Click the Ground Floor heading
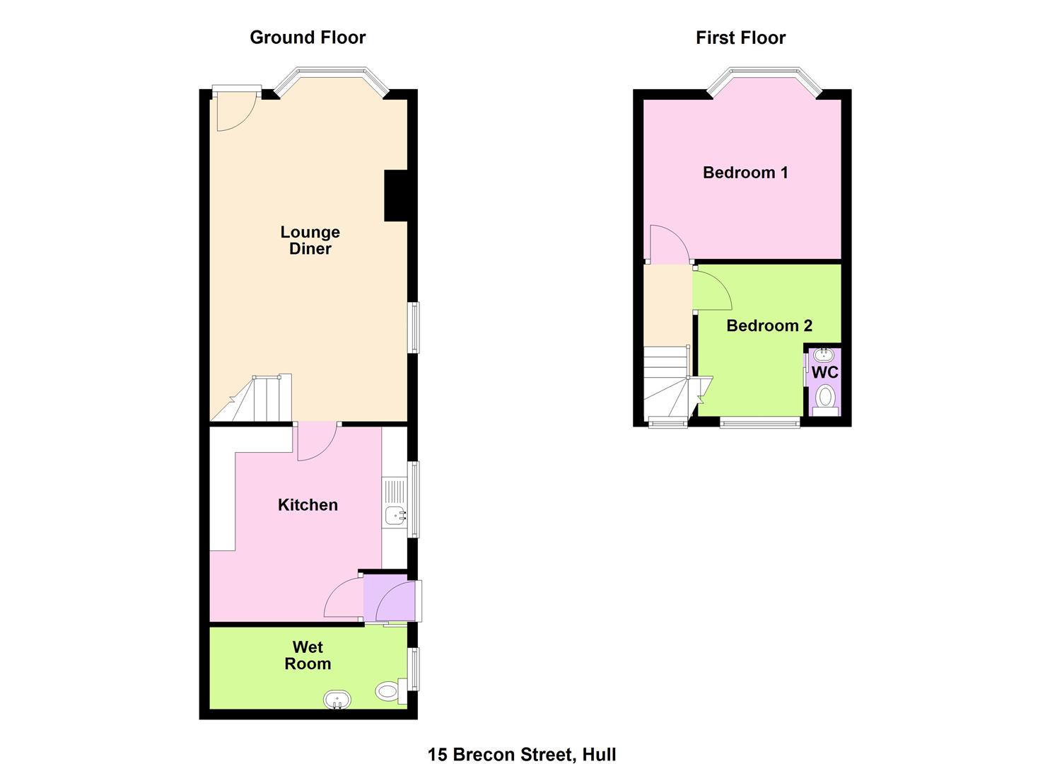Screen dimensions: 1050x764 coord(308,37)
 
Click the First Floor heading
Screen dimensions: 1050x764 coord(740,37)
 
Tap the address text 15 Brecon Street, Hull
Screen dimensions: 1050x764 coord(522,741)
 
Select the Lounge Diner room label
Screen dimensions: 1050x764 coord(310,240)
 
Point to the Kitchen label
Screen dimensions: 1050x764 coord(308,504)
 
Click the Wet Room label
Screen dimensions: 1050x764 coord(308,655)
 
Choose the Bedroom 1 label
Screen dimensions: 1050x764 coord(745,173)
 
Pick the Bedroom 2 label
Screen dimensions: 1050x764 coord(769,325)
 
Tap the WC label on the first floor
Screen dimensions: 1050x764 coord(824,373)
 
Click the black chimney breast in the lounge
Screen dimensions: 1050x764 coord(396,195)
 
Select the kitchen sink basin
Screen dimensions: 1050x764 coord(395,516)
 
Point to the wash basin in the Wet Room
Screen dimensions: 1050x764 coord(337,700)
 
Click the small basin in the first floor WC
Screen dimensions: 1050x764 coord(823,354)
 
